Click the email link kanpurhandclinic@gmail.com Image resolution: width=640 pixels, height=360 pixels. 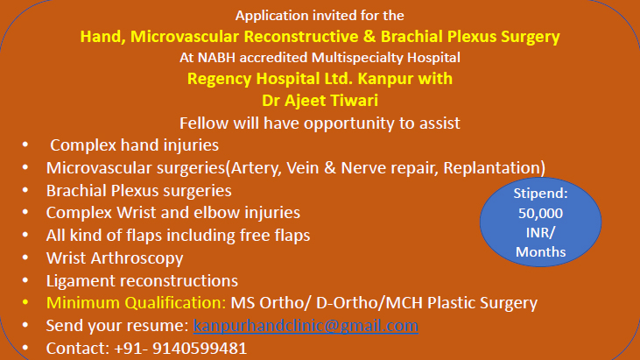point(306,326)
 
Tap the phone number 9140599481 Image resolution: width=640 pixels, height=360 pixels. point(200,349)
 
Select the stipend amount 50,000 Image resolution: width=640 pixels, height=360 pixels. point(540,214)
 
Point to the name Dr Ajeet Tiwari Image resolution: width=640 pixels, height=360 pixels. point(320,101)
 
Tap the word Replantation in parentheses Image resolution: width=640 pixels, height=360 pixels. point(491,168)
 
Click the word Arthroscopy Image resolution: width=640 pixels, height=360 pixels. point(137,258)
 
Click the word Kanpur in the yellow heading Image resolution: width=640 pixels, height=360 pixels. point(380,79)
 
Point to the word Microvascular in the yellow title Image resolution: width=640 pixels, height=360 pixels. point(185,37)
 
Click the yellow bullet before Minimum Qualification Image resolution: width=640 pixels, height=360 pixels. point(25,303)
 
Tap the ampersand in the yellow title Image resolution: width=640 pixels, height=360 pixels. point(369,37)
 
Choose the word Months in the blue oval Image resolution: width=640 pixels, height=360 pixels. point(540,252)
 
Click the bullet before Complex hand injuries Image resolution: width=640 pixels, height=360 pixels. point(25,145)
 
